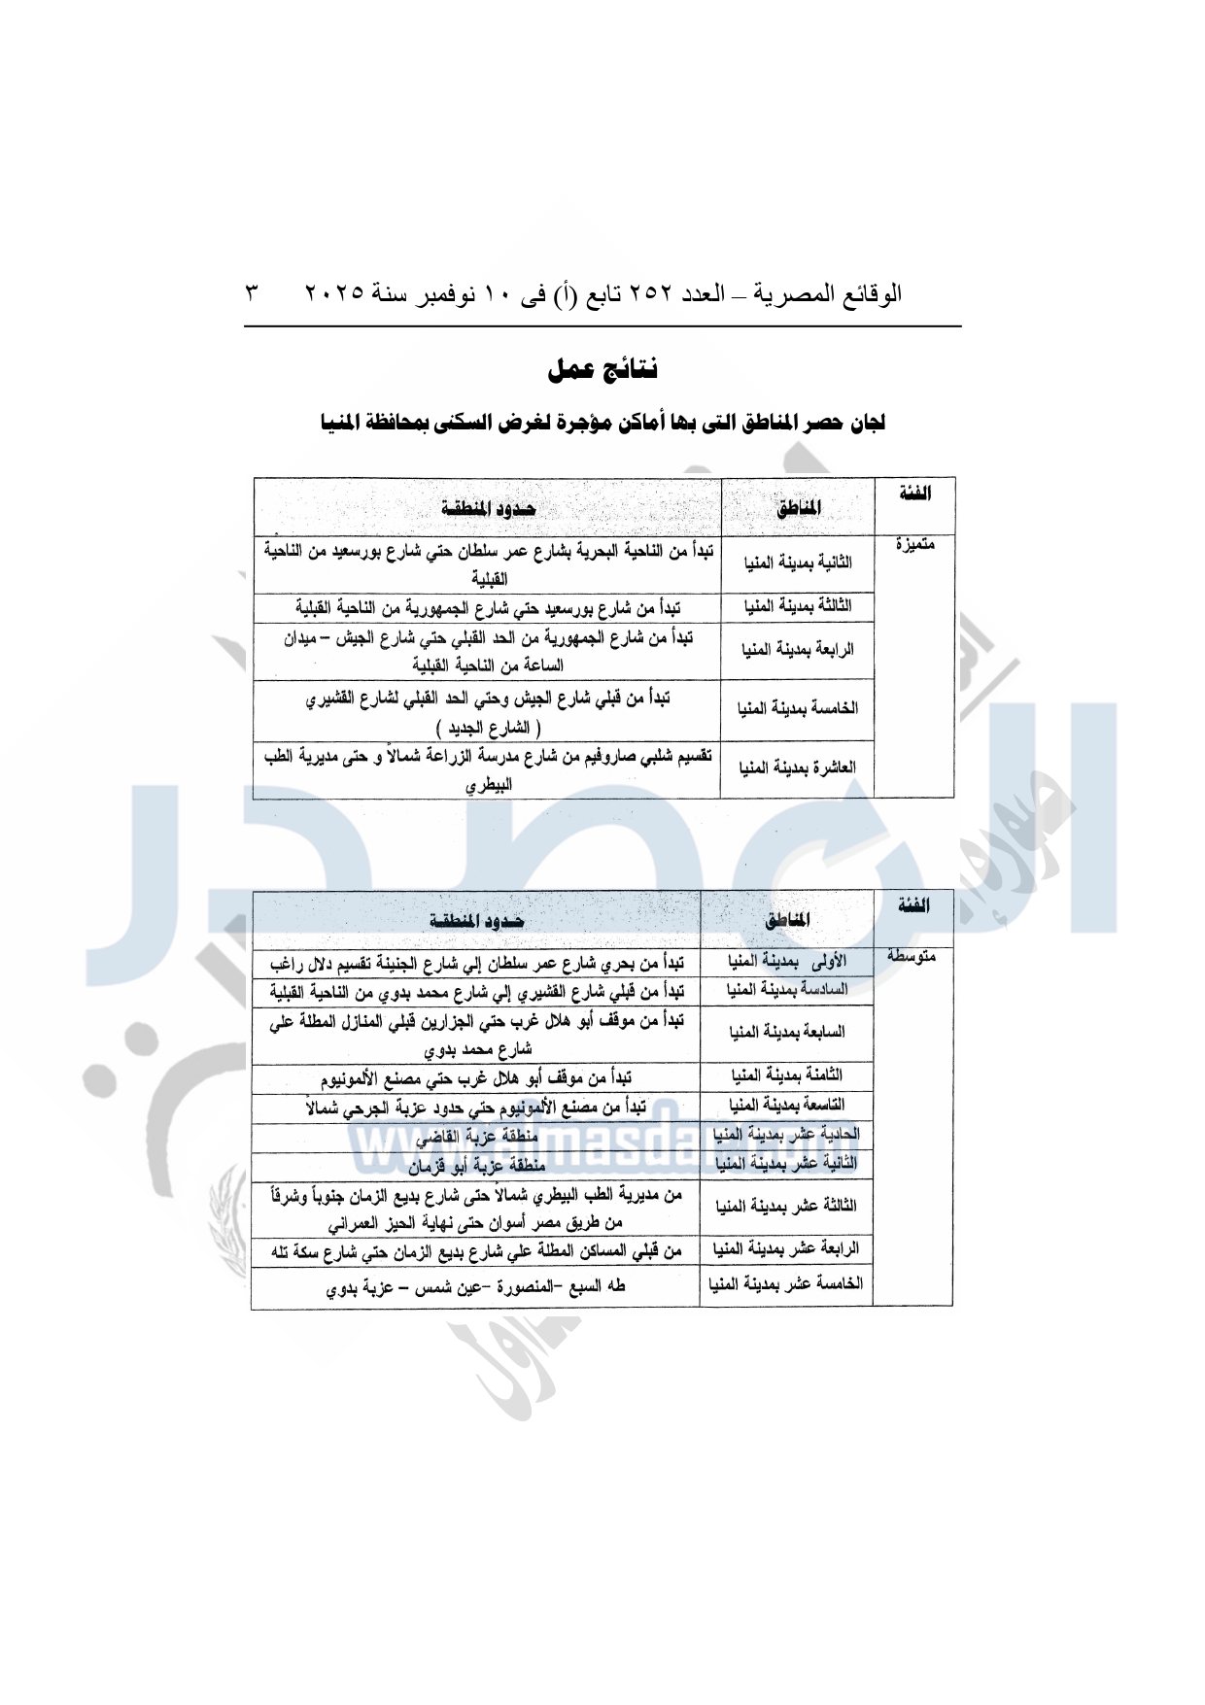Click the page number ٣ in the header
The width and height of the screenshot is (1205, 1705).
(x=253, y=292)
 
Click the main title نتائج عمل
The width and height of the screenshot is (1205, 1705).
(x=602, y=370)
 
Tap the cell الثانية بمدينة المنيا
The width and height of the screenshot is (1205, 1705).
(x=798, y=563)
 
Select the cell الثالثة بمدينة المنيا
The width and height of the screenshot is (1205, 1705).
(x=798, y=607)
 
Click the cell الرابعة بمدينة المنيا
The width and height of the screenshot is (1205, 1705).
(x=798, y=650)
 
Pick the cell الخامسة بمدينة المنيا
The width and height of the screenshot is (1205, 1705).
(x=798, y=708)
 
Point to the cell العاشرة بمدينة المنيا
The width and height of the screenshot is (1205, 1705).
(x=798, y=768)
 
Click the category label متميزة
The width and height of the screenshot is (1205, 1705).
(x=914, y=545)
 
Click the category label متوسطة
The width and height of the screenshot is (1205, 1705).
(x=912, y=957)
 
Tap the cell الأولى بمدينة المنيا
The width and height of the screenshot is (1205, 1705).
(x=787, y=962)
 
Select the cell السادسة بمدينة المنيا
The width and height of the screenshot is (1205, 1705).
(x=787, y=990)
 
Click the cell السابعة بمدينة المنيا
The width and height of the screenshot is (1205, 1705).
(x=787, y=1032)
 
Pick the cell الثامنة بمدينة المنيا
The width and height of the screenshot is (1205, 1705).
(x=787, y=1075)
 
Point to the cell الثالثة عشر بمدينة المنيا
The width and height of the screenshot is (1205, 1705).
(x=787, y=1207)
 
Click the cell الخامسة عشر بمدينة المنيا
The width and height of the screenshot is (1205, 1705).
(x=786, y=1284)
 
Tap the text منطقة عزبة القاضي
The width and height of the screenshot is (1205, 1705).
(x=476, y=1137)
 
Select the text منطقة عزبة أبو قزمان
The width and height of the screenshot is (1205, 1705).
(x=476, y=1165)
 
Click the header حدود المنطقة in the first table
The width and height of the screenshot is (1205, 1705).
(x=488, y=508)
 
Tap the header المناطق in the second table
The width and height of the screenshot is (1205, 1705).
(x=787, y=920)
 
